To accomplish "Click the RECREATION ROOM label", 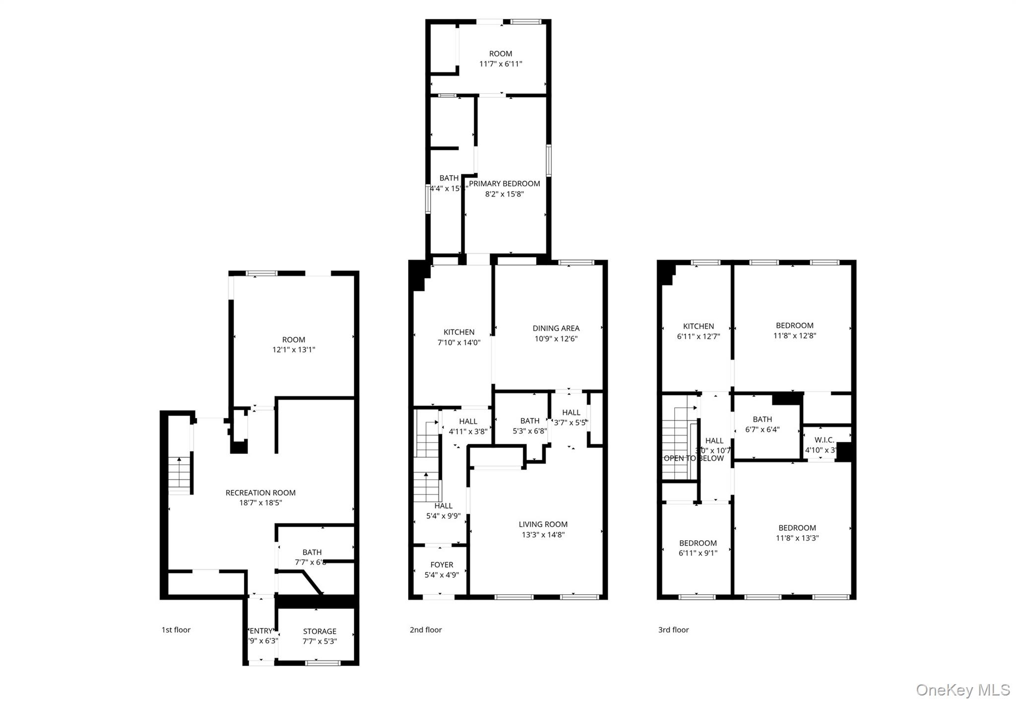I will click(260, 492).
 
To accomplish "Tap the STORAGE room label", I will click(319, 631).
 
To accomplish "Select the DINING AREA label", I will click(556, 328).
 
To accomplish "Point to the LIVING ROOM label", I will click(543, 524).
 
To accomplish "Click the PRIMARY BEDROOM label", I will click(505, 184).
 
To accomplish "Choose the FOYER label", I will click(442, 564).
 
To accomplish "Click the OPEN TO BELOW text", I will click(694, 458).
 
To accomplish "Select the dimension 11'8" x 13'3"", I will click(797, 538).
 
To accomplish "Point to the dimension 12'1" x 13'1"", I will click(294, 350).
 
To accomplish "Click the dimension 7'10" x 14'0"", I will click(459, 343).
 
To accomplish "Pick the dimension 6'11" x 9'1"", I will click(698, 553).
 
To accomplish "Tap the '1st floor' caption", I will click(176, 630).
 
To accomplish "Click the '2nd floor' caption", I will click(426, 630).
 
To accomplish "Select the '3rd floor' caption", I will click(673, 630).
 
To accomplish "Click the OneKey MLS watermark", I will click(962, 690).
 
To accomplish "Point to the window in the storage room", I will click(322, 662).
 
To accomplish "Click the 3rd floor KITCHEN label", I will click(698, 326).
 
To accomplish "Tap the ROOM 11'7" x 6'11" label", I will click(501, 54).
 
